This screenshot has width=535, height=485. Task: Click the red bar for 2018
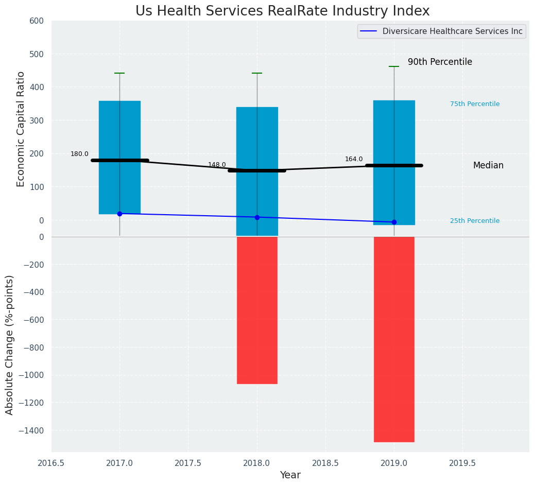tap(257, 310)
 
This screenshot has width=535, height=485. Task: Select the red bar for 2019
tap(394, 339)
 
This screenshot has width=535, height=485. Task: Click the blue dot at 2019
tap(394, 222)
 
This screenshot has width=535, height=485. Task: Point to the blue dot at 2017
tap(119, 214)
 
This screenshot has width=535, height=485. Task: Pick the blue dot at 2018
tap(257, 217)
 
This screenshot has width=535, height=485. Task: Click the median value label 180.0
tap(79, 154)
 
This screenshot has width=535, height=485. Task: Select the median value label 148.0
tap(217, 165)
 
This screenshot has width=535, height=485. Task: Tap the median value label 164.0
tap(354, 159)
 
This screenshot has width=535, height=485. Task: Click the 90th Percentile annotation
tap(440, 62)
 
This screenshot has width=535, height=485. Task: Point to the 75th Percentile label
tap(475, 104)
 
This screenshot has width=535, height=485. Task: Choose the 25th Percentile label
tap(475, 221)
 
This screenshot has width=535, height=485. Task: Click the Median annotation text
tap(488, 166)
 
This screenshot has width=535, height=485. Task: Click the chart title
tap(282, 11)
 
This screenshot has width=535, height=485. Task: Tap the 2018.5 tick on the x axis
tap(325, 463)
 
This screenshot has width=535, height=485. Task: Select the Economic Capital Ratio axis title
tap(21, 129)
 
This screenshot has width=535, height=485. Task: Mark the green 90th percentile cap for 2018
tap(257, 73)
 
